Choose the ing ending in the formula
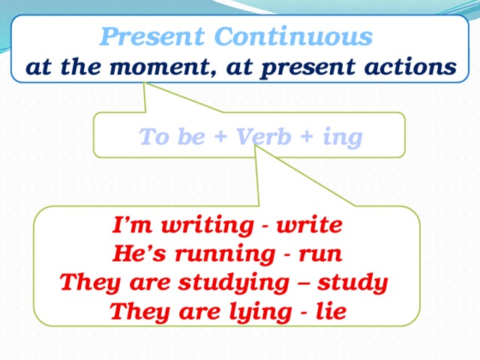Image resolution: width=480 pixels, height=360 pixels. click(341, 139)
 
